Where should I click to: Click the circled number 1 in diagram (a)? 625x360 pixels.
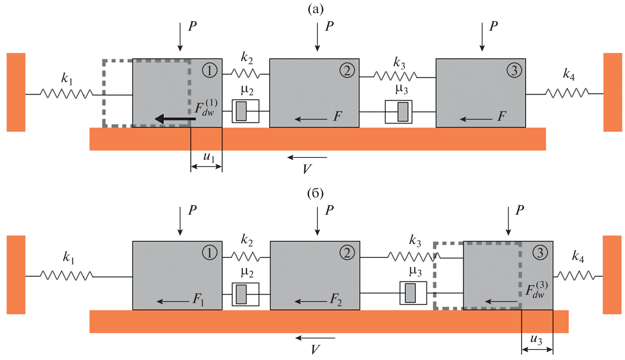209,70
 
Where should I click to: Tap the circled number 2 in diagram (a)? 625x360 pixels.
347,70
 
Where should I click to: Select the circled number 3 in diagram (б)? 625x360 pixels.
540,253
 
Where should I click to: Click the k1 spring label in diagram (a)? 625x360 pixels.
67,78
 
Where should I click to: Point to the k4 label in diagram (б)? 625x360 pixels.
578,256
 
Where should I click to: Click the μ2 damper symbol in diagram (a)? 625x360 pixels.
245,111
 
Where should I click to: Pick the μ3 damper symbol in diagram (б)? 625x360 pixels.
413,293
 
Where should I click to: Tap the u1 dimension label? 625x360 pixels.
209,157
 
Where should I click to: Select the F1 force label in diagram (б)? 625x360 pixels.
198,299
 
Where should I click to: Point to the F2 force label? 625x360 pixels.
336,299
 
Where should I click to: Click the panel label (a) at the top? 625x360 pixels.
316,9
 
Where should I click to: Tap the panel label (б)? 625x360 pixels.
316,193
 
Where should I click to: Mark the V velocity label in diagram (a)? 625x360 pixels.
307,169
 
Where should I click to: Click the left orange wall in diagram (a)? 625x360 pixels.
16,92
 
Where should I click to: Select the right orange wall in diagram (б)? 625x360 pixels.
612,275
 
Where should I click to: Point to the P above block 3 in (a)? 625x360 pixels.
493,26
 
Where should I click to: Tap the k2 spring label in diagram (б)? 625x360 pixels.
247,240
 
